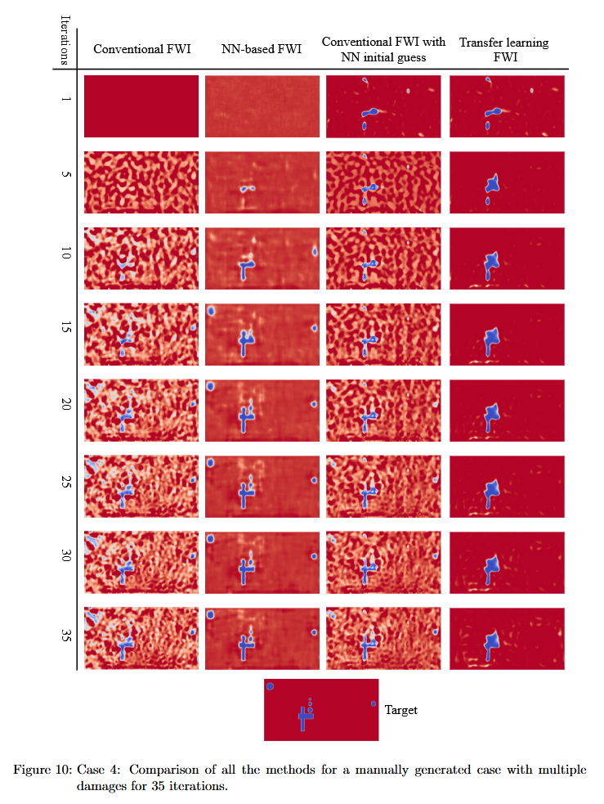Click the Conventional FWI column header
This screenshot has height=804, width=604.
pos(142,49)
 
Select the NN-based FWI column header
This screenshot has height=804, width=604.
pos(262,49)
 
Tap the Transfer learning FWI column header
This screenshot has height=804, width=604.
pos(503,49)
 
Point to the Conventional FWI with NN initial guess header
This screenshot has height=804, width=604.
pos(383,49)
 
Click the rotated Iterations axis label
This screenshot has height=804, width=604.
pos(64,39)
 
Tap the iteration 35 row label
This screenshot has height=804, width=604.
pos(65,636)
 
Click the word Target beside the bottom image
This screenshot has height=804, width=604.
pos(401,710)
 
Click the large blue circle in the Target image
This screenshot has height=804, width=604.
pos(270,686)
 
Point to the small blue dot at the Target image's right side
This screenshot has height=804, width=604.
pos(374,703)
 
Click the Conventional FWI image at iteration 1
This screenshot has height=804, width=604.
pos(141,106)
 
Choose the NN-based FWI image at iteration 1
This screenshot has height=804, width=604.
pos(262,106)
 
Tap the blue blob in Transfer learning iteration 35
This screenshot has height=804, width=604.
pos(491,643)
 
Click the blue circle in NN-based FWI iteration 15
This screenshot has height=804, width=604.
pos(211,312)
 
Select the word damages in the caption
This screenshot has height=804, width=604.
pos(101,785)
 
